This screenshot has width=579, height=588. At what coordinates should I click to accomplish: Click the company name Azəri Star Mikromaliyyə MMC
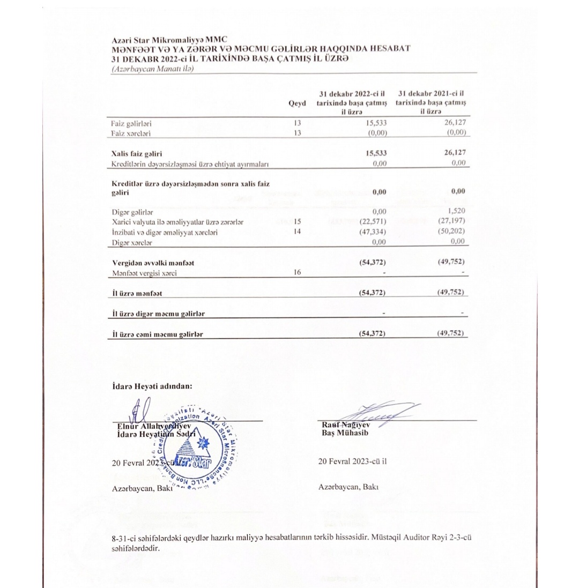click(x=169, y=40)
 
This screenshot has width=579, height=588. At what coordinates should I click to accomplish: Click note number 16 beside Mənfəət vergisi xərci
click(x=298, y=272)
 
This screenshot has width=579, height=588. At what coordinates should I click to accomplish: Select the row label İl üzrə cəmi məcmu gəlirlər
click(x=158, y=334)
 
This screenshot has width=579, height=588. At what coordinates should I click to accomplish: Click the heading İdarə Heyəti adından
click(x=152, y=385)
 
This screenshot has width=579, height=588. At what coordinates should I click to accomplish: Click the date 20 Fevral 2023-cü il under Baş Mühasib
click(x=352, y=461)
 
